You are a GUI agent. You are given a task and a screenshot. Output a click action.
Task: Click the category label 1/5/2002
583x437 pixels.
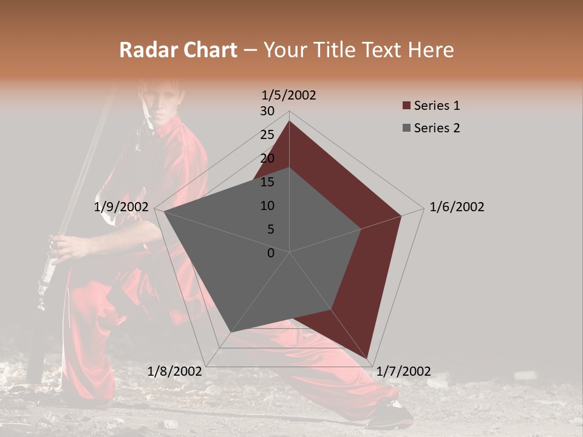click(x=289, y=95)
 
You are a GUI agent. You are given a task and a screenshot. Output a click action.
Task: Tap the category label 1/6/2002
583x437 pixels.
click(x=457, y=207)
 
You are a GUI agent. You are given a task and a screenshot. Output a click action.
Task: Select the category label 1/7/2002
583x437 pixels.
click(x=403, y=371)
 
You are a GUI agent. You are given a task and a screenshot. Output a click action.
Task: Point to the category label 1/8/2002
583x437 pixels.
click(x=175, y=371)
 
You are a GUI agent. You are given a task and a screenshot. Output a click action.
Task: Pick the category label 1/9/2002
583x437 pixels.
click(x=121, y=207)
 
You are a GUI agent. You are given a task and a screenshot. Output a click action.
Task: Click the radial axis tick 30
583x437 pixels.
click(x=267, y=111)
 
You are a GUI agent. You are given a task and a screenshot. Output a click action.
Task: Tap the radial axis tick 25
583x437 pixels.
click(x=267, y=135)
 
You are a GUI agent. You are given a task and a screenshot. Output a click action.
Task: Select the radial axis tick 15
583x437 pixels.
click(x=267, y=182)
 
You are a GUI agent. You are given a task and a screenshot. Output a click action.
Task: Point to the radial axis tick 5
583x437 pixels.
click(x=270, y=229)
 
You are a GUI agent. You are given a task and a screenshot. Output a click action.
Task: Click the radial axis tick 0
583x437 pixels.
click(x=271, y=253)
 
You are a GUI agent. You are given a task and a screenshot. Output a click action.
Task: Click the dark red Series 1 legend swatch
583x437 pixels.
click(x=406, y=106)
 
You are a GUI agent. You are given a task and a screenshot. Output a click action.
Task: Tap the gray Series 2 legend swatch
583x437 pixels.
click(x=406, y=128)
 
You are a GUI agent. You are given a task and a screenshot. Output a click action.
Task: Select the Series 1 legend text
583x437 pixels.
click(x=437, y=106)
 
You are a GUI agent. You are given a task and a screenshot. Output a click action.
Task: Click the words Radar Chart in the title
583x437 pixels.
click(x=178, y=50)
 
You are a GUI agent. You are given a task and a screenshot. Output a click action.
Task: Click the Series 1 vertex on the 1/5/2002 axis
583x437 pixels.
click(x=289, y=121)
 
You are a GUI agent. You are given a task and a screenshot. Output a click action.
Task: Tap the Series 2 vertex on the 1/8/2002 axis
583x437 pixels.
click(x=230, y=333)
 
